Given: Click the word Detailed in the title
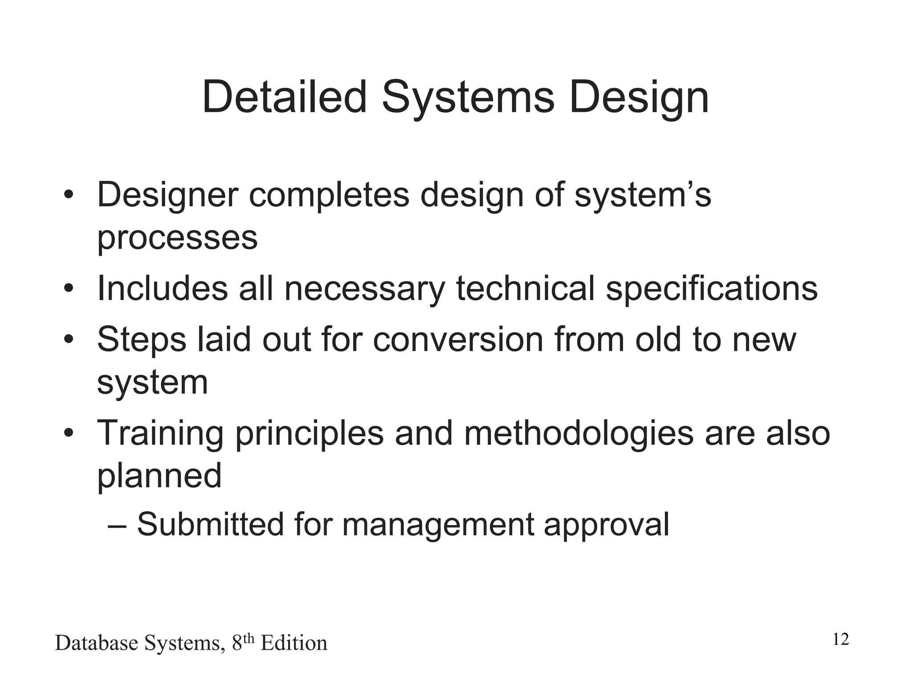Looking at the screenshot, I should pos(285,97).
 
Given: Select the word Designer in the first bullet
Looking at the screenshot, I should pos(167,196).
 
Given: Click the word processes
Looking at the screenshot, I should pos(177,239).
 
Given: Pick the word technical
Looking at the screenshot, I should pos(525,288).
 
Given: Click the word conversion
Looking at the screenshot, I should pos(458,339).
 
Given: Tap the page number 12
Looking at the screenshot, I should pos(840,639).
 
